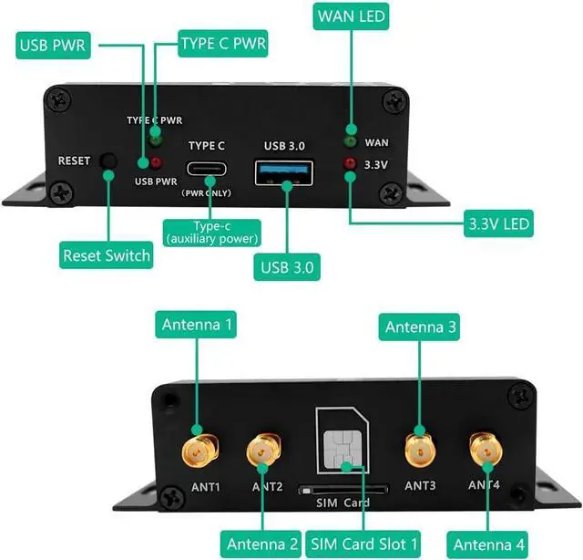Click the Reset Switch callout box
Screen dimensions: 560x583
coord(107,255)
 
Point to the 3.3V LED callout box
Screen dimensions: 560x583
coord(497,223)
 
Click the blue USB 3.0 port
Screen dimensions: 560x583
coord(285,171)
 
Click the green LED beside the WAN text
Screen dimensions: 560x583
coord(349,141)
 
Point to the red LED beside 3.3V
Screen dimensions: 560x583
coord(349,165)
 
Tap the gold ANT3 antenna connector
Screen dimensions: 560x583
coord(419,448)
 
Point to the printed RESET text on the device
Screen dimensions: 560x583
coord(74,161)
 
